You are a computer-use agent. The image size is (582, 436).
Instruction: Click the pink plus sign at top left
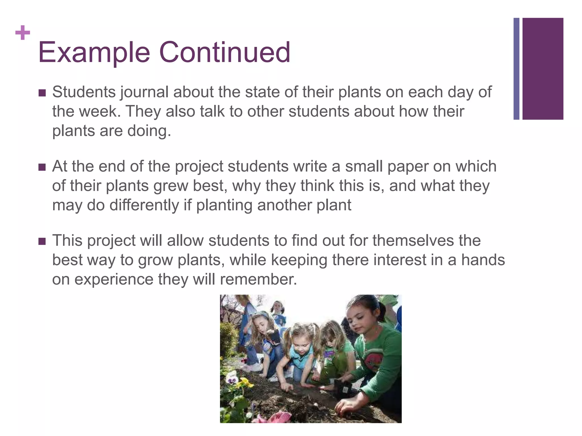pos(23,33)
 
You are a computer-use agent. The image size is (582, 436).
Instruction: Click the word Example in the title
pos(94,53)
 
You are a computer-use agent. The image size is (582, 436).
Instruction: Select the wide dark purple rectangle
pos(543,69)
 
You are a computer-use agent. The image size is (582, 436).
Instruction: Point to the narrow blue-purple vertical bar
pos(516,69)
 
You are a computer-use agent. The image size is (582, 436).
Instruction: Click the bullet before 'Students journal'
pos(42,93)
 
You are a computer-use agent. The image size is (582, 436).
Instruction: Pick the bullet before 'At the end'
pos(42,167)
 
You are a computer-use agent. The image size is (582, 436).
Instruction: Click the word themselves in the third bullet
pos(413,241)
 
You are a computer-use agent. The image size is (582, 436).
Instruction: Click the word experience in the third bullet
pos(114,280)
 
